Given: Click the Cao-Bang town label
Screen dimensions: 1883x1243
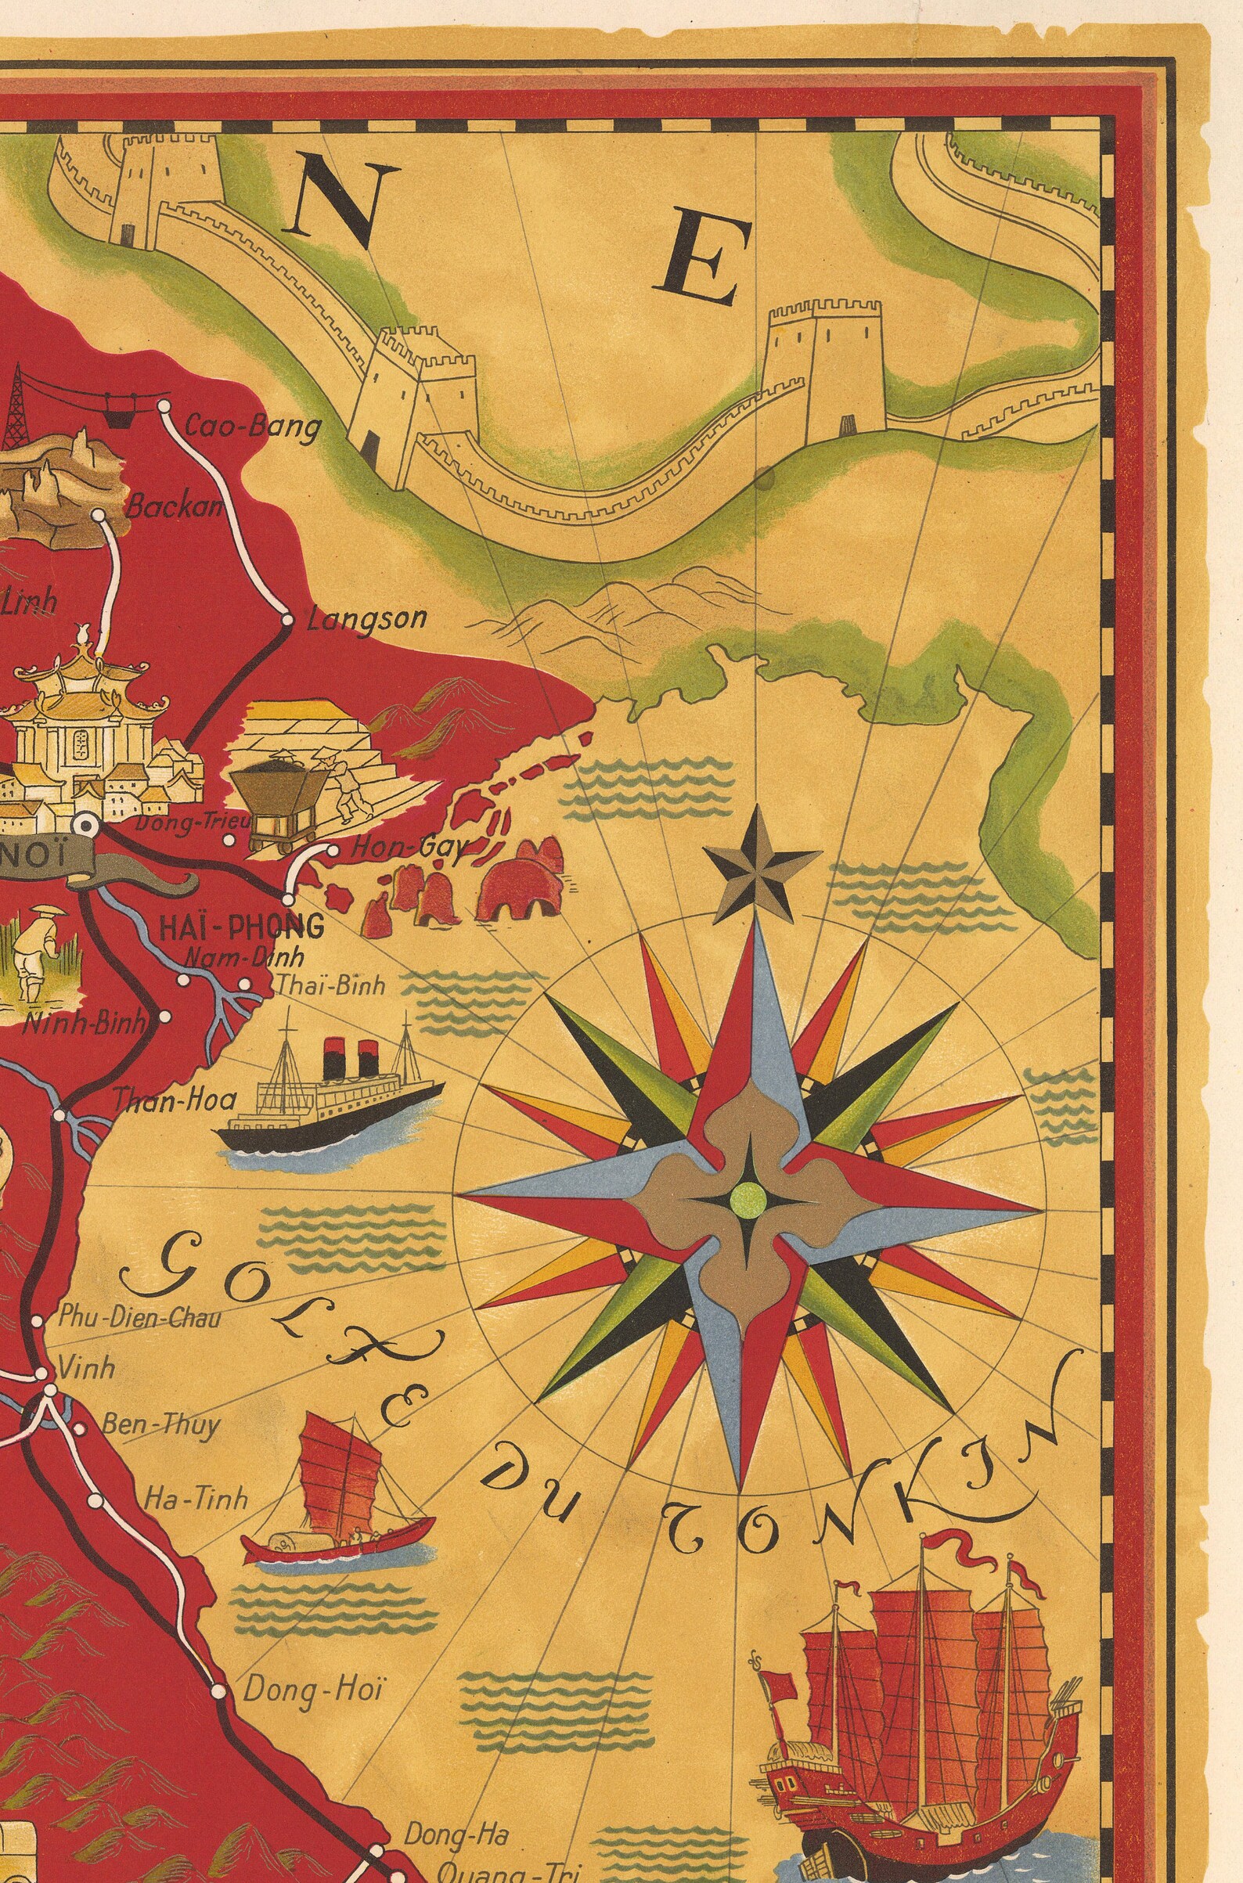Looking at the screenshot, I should click(x=252, y=427).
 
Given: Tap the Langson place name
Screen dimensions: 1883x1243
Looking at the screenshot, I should click(x=367, y=618).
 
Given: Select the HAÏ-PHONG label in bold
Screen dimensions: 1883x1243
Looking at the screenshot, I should click(x=241, y=927).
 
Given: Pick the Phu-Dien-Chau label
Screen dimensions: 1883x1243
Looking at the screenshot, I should click(x=139, y=1317).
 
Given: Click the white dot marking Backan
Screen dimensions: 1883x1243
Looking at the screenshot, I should click(x=99, y=515).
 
